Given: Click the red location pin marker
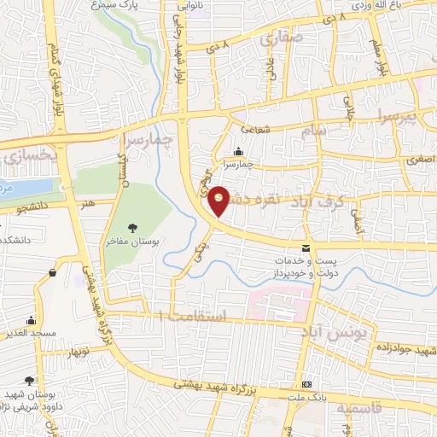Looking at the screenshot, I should tap(219, 200).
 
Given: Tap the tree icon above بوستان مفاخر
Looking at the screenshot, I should tap(132, 228).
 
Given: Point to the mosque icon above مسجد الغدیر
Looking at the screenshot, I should tap(32, 322).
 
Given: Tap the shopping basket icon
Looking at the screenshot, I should tap(54, 273).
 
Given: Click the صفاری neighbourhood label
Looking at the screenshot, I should tap(273, 38).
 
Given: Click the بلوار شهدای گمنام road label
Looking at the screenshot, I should tap(57, 68).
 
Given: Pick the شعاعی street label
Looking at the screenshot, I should tap(254, 130).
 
